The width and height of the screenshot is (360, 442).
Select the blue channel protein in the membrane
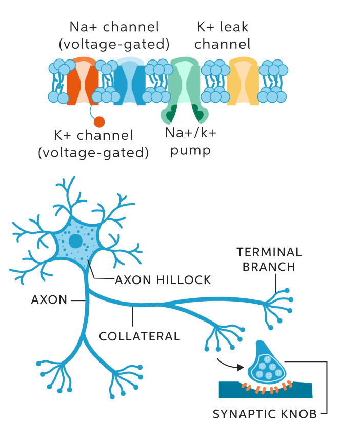point(129,82)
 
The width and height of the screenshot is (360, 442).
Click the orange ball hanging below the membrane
point(99,122)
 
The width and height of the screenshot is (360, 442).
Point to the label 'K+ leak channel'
point(223,35)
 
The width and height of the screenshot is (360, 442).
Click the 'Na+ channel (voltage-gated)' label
point(114,35)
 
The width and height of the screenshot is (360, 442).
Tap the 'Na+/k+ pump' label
point(191,142)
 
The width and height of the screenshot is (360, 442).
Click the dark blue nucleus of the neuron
point(76,241)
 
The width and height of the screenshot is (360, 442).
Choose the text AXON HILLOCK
point(163,280)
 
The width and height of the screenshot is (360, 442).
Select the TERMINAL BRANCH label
point(269,259)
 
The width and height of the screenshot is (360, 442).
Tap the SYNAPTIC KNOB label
point(265,414)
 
